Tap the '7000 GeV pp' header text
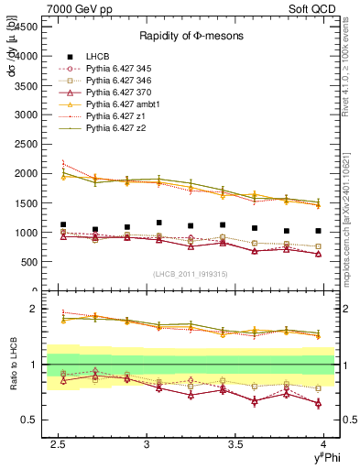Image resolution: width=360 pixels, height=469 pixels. (x=72, y=7)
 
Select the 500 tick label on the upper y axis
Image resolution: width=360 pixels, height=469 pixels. (x=31, y=261)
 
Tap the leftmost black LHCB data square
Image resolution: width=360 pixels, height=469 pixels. (x=63, y=224)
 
